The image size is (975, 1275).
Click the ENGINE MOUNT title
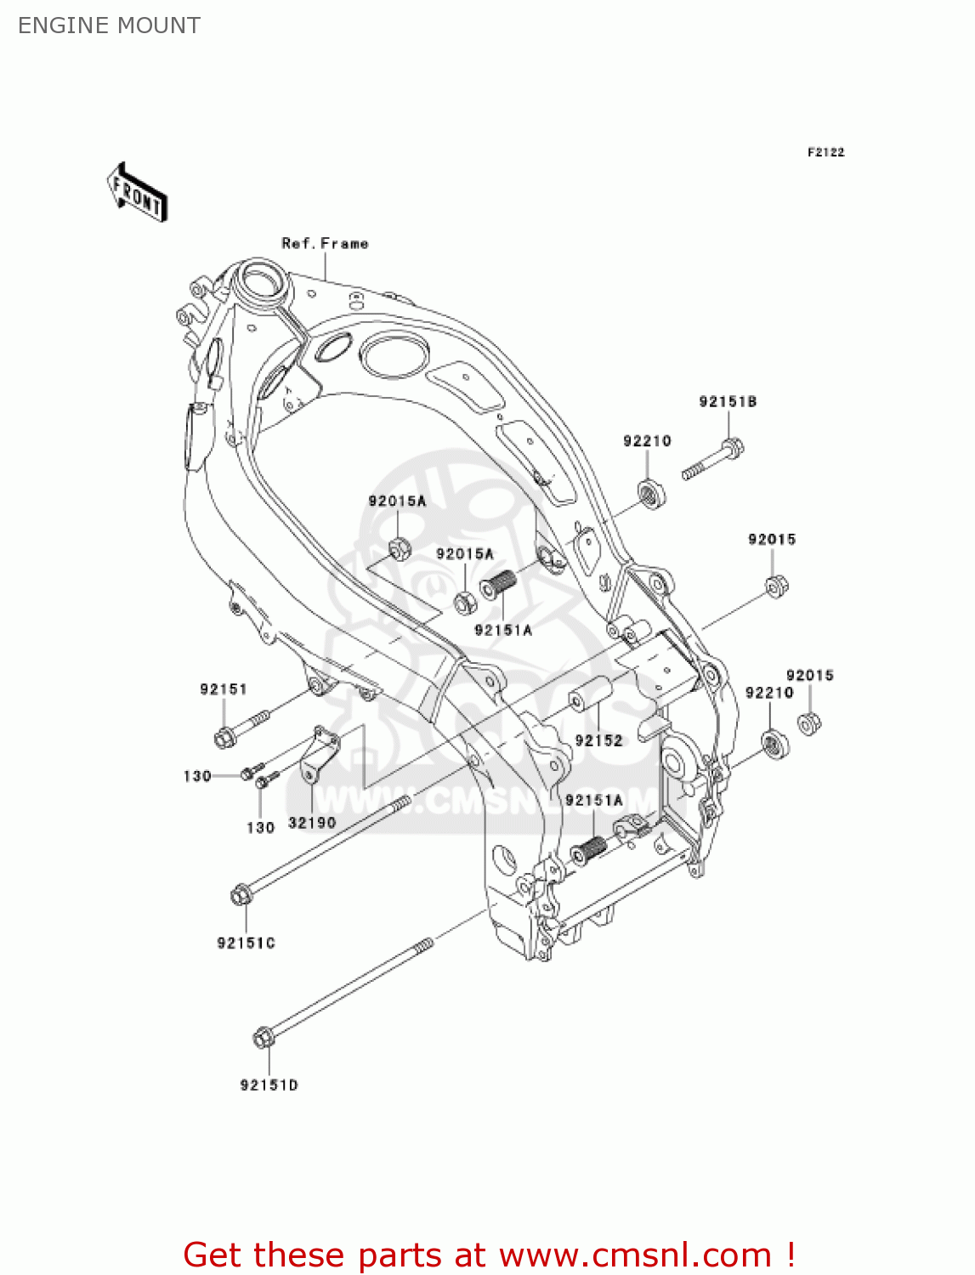point(109,25)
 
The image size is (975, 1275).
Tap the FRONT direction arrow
point(137,193)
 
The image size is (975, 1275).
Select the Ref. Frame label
point(325,243)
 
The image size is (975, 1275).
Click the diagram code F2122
point(825,152)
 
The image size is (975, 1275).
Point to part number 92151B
point(728,401)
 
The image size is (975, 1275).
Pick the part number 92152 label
point(598,740)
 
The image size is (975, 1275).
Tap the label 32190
point(312,822)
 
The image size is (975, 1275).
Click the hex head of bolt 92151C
point(241,894)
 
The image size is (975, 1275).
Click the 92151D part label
point(269,1085)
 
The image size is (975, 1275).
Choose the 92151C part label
point(246,943)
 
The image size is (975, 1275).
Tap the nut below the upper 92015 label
point(774,586)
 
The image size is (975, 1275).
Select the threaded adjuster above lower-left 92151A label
point(500,585)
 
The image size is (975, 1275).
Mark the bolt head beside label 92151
point(225,737)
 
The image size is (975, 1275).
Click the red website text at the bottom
point(489,1255)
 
